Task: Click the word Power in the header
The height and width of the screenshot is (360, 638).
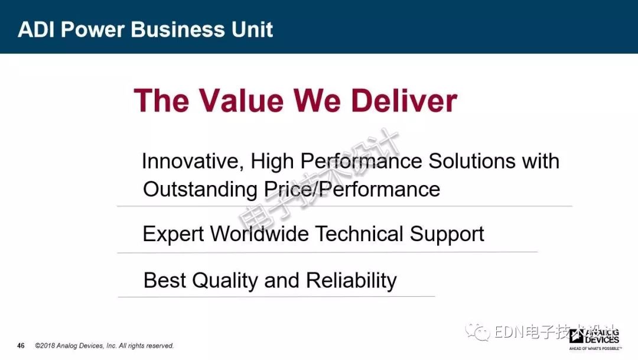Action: tap(92, 30)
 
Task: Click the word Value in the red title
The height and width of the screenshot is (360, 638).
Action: tap(241, 100)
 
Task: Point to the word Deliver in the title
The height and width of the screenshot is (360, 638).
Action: tap(404, 100)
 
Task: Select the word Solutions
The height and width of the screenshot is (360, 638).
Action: tap(472, 161)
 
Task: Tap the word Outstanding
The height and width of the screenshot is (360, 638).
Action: tap(200, 190)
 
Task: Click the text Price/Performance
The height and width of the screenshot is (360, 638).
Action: tap(352, 189)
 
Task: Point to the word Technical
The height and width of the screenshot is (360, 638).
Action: tap(360, 234)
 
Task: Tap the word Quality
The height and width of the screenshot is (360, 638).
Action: tap(225, 281)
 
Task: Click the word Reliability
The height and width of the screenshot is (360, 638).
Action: tap(351, 281)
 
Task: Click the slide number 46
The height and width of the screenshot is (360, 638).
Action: tap(21, 346)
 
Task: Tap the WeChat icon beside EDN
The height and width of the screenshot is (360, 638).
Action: tap(478, 332)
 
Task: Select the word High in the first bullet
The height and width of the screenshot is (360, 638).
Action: tap(272, 161)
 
